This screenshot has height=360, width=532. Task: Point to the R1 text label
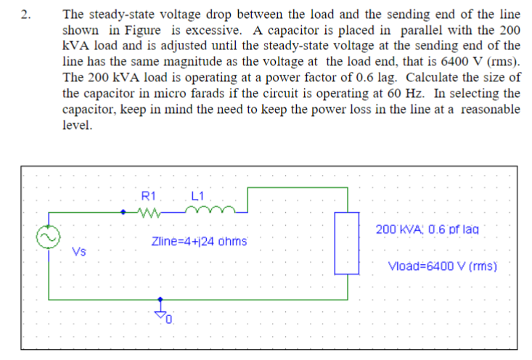(x=148, y=195)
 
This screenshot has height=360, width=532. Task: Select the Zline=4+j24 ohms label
(x=200, y=241)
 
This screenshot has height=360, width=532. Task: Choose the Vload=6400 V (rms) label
(x=443, y=266)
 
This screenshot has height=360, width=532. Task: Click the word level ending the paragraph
(x=77, y=125)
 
